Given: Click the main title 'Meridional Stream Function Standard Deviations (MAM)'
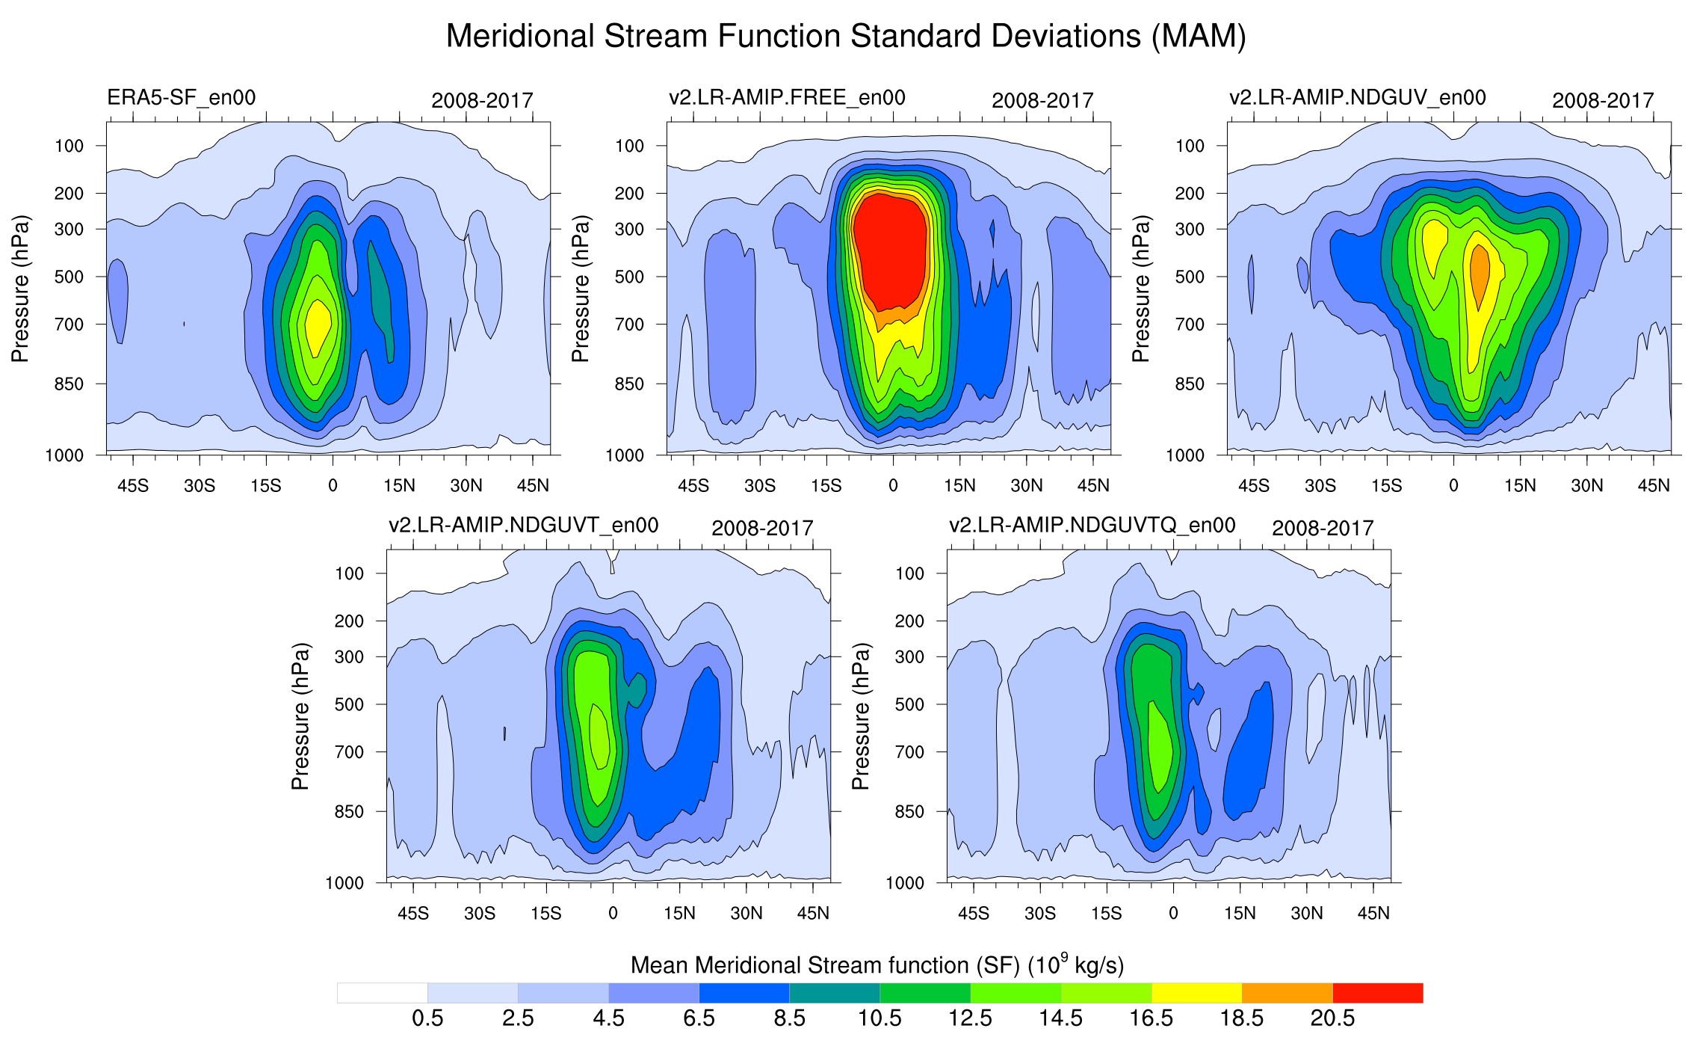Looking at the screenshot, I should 846,36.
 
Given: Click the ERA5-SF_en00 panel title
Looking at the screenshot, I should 181,98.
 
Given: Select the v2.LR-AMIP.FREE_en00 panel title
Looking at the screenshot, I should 787,98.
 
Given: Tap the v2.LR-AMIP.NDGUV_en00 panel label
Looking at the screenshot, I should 1357,98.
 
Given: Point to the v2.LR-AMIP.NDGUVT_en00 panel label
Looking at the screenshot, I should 523,526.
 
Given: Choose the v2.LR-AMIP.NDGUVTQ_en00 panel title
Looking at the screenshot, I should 1092,526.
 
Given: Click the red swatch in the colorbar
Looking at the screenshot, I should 1377,993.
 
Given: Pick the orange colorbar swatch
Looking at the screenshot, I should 1287,993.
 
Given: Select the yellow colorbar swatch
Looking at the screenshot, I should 1196,993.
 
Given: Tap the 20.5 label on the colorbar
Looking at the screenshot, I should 1332,1018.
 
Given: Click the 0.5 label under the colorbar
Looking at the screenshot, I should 427,1018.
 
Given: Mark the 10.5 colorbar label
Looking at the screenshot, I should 880,1018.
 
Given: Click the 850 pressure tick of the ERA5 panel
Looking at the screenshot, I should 69,384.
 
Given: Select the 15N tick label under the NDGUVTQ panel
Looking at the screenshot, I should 1240,914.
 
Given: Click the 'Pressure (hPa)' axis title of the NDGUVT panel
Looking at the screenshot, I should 300,716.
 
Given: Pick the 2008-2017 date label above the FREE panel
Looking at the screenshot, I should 1042,101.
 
